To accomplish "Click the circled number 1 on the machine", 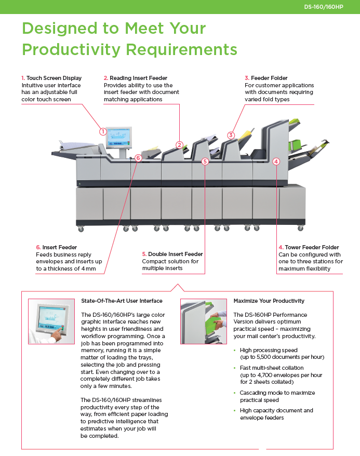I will [103, 131].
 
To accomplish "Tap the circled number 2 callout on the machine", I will [179, 145].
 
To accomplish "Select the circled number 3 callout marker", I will [231, 135].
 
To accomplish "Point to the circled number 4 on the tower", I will [276, 161].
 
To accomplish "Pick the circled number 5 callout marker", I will [205, 162].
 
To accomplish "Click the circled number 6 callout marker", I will [138, 157].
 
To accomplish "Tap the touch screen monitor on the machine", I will [118, 137].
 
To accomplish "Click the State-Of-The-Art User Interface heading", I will [122, 301].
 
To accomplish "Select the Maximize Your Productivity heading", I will [269, 301].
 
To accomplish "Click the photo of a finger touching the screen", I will [51, 322].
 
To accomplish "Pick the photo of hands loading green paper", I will [204, 322].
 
